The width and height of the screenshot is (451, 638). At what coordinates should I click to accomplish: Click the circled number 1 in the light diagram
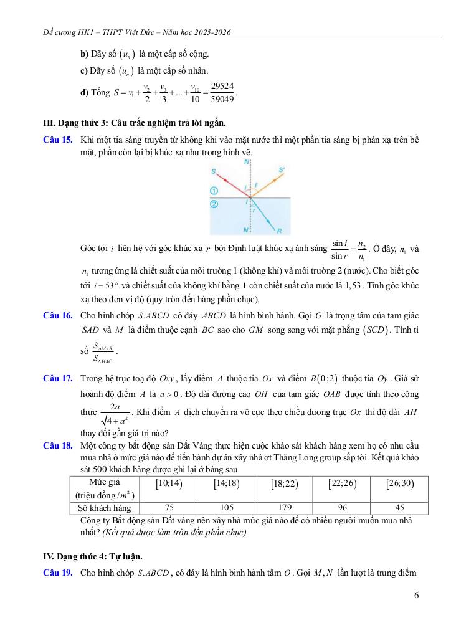[x=214, y=189]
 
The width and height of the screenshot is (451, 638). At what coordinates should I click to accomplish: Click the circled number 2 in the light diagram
[x=214, y=204]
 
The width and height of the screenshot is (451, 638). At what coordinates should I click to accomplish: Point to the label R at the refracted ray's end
[x=279, y=231]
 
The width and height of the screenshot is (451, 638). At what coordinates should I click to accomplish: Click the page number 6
[x=415, y=595]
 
